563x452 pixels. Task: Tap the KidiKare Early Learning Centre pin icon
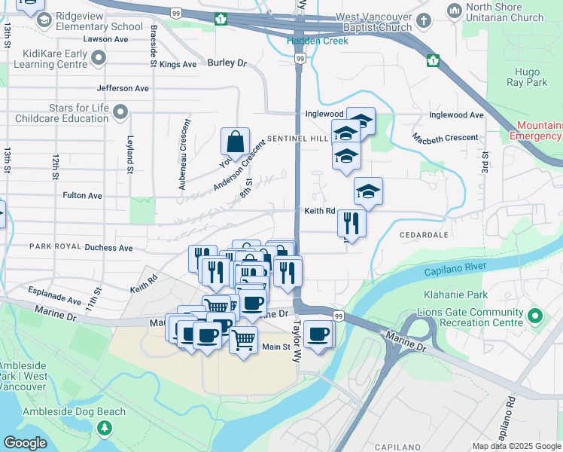point(99,57)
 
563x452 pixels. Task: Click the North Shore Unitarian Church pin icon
point(454,11)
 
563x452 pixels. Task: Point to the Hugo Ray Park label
point(532,77)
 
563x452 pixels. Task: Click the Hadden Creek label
point(318,41)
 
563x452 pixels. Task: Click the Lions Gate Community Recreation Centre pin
point(535,316)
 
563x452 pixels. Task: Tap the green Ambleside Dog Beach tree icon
point(105,428)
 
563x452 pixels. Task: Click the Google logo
point(25,443)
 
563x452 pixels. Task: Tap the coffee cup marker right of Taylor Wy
point(318,333)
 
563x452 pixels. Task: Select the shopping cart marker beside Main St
point(243,341)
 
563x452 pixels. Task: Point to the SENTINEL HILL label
point(300,139)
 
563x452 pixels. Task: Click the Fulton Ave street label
point(82,195)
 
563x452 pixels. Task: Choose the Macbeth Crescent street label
point(445,137)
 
